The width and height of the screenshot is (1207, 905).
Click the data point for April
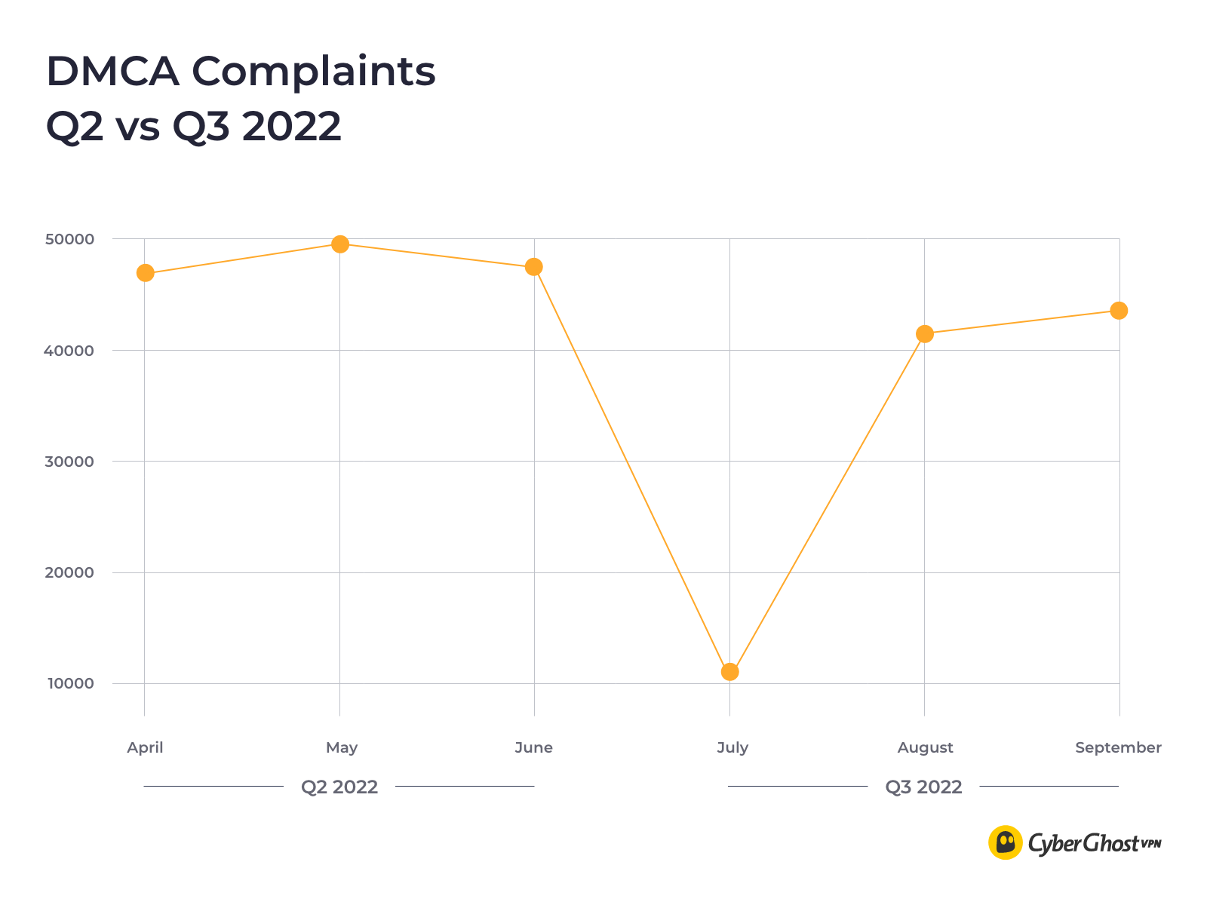(x=146, y=273)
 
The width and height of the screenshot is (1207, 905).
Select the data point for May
(x=340, y=244)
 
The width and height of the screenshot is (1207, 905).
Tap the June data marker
(x=534, y=267)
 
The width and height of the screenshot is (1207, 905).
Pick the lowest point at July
(x=729, y=672)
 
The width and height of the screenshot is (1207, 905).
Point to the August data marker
(x=925, y=334)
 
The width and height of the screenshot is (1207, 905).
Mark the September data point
(x=1119, y=311)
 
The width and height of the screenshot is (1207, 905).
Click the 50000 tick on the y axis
(x=69, y=240)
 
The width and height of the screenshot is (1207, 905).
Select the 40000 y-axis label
(x=69, y=351)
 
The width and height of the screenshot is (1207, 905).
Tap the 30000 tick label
(x=69, y=462)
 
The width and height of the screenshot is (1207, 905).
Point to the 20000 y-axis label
(x=69, y=572)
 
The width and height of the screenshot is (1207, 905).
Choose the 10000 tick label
(x=69, y=684)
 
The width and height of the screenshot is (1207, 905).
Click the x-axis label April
(x=145, y=747)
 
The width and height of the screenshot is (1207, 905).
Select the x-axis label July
(x=732, y=747)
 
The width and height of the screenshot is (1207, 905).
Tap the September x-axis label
(x=1118, y=747)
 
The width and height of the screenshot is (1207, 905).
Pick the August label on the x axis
(x=925, y=747)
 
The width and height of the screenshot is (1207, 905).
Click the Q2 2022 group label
(x=339, y=787)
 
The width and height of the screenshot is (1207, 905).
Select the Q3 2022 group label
(x=923, y=787)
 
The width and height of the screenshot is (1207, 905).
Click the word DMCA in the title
(x=112, y=72)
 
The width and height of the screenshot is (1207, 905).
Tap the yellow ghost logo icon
(x=1006, y=842)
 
